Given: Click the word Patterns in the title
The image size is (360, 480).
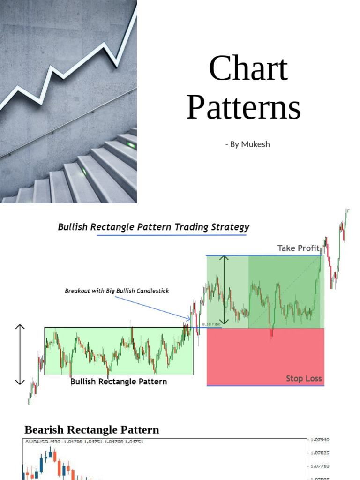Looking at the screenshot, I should click(243, 108).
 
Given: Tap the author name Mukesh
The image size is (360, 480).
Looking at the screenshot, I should click(255, 144).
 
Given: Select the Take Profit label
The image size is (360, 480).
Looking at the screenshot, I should click(298, 248).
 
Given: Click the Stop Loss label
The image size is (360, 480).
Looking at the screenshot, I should click(304, 378).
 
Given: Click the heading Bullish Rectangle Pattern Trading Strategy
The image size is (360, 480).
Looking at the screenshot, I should click(153, 227).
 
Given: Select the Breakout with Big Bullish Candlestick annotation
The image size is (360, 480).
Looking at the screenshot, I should click(117, 291).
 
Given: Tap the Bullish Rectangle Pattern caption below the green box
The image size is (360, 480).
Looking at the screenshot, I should click(119, 382).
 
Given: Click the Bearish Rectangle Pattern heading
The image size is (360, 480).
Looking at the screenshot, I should click(91, 430).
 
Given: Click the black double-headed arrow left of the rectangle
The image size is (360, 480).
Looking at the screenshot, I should click(20, 354).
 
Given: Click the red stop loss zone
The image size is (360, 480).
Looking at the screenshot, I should click(265, 356).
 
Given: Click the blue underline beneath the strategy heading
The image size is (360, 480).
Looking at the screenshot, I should click(171, 235).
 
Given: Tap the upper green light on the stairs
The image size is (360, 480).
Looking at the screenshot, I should click(131, 145).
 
